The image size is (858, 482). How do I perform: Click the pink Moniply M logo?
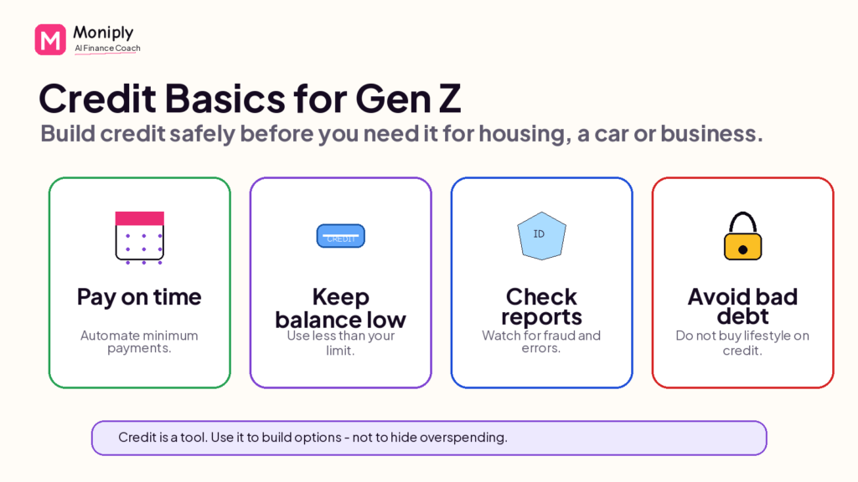pyautogui.click(x=50, y=39)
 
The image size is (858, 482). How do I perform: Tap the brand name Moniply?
pyautogui.click(x=103, y=33)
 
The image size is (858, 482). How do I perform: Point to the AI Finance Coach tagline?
pyautogui.click(x=108, y=48)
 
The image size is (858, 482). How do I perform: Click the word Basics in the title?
pyautogui.click(x=225, y=99)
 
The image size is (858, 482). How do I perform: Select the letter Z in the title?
pyautogui.click(x=449, y=99)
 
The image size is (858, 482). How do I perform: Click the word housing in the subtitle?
pyautogui.click(x=521, y=134)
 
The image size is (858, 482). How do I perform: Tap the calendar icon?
pyautogui.click(x=140, y=238)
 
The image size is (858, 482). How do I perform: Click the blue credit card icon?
pyautogui.click(x=341, y=236)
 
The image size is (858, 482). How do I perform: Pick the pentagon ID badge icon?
pyautogui.click(x=542, y=235)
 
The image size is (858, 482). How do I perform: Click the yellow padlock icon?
pyautogui.click(x=742, y=236)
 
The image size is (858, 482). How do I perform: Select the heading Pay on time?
pyautogui.click(x=139, y=297)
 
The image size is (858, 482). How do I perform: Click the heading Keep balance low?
pyautogui.click(x=340, y=308)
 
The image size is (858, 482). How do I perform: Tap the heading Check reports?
pyautogui.click(x=542, y=306)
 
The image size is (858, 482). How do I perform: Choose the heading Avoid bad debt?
pyautogui.click(x=742, y=306)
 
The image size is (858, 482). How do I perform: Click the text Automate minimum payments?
pyautogui.click(x=139, y=341)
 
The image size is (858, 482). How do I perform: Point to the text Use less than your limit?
pyautogui.click(x=340, y=342)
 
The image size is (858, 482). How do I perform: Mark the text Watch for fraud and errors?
pyautogui.click(x=541, y=341)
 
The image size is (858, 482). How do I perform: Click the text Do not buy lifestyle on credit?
pyautogui.click(x=742, y=342)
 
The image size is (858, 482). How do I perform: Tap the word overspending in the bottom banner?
pyautogui.click(x=463, y=437)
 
